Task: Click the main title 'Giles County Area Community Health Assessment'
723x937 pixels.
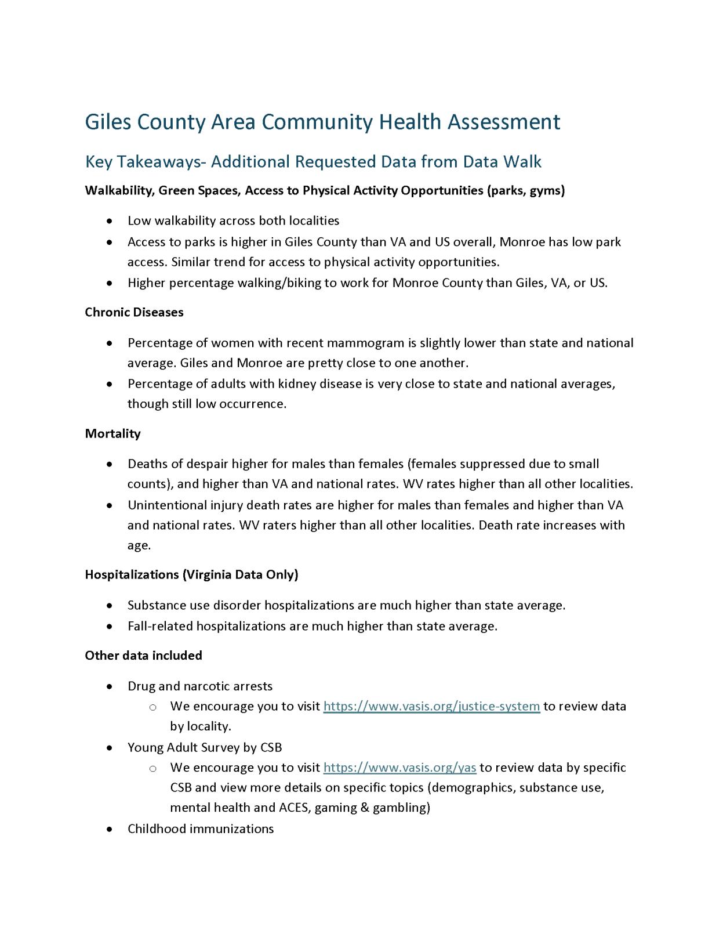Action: coord(322,122)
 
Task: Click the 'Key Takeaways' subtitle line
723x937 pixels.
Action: coord(313,162)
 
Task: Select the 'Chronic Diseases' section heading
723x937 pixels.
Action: coord(134,312)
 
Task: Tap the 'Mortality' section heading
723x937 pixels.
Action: coord(112,433)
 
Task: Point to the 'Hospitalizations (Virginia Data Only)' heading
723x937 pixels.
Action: coord(191,574)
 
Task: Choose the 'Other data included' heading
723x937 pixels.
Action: coord(143,656)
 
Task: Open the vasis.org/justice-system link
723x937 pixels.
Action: coord(431,706)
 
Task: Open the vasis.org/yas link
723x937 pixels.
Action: coord(399,768)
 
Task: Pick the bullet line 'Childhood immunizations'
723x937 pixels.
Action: coord(201,829)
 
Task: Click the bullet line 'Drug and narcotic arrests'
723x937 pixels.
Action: coord(200,686)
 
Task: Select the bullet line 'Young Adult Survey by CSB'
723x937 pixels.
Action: coord(205,747)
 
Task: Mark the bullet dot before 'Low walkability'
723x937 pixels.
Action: coord(110,221)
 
